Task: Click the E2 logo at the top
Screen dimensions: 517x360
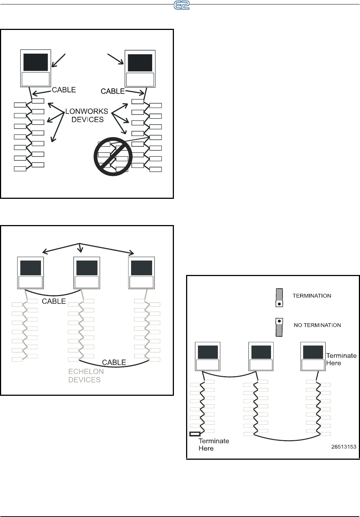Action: tap(181, 5)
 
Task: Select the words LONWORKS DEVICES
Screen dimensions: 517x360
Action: tap(87, 115)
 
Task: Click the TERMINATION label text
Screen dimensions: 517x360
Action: tap(312, 296)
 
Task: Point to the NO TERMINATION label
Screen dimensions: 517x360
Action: tap(317, 325)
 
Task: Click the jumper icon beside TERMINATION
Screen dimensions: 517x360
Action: tap(280, 298)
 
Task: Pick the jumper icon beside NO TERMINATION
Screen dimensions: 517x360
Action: tap(280, 327)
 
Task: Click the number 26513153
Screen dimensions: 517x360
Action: tap(344, 446)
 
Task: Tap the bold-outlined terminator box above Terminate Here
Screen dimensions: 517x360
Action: tap(195, 434)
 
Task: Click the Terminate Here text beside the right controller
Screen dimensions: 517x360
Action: tap(341, 359)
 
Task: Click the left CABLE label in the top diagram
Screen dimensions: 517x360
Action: tap(64, 90)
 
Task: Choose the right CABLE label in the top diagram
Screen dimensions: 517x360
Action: tap(113, 91)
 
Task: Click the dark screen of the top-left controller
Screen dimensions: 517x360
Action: tap(35, 62)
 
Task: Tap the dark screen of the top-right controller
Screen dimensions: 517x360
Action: tap(140, 62)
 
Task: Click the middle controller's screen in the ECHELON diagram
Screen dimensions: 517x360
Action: tap(87, 268)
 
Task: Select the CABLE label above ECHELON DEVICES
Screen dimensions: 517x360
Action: tap(114, 363)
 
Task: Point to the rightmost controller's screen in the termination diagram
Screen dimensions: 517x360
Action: tap(313, 352)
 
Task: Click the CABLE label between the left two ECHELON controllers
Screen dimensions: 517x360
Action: tap(54, 301)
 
